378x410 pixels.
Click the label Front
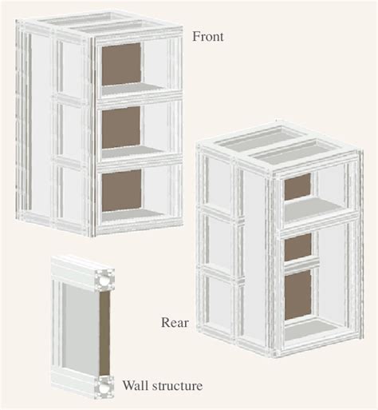[x=208, y=37]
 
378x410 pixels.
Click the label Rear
[x=175, y=323]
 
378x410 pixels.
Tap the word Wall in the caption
[x=134, y=385]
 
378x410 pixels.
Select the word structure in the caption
[x=175, y=386]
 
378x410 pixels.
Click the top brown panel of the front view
[x=121, y=64]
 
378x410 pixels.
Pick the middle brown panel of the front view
[x=121, y=127]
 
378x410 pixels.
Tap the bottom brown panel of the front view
[x=121, y=190]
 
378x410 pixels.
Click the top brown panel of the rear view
[x=297, y=186]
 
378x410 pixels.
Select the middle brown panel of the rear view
[x=297, y=247]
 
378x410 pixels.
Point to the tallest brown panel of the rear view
[x=297, y=295]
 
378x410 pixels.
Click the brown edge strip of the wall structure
[x=104, y=333]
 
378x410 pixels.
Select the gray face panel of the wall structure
[x=80, y=328]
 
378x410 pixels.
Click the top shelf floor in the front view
[x=132, y=89]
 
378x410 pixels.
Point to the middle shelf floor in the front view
[x=132, y=152]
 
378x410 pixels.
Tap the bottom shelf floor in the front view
[x=132, y=215]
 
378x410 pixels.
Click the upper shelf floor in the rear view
[x=313, y=210]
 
